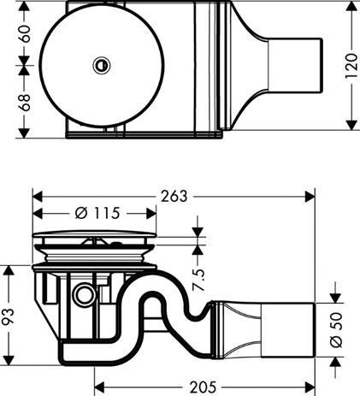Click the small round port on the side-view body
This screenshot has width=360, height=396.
point(85,295)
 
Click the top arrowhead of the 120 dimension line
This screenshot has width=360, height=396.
point(351,7)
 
